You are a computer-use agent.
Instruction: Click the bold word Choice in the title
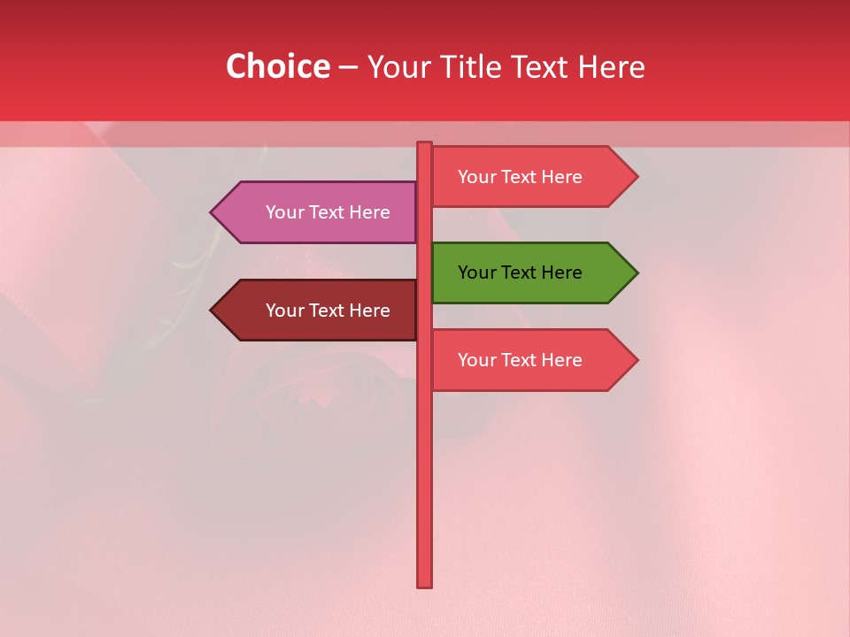pyautogui.click(x=277, y=66)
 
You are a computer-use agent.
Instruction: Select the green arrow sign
pyautogui.click(x=522, y=272)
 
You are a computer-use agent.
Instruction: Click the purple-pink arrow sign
pyautogui.click(x=319, y=212)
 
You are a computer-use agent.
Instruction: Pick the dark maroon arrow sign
pyautogui.click(x=319, y=311)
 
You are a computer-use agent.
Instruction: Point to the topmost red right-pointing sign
pyautogui.click(x=522, y=177)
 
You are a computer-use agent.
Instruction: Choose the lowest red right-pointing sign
pyautogui.click(x=522, y=360)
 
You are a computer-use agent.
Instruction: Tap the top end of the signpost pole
pyautogui.click(x=425, y=145)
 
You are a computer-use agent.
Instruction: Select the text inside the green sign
pyautogui.click(x=520, y=272)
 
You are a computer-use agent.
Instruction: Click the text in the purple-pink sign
pyautogui.click(x=328, y=212)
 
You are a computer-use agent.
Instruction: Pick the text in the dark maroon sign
pyautogui.click(x=328, y=311)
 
